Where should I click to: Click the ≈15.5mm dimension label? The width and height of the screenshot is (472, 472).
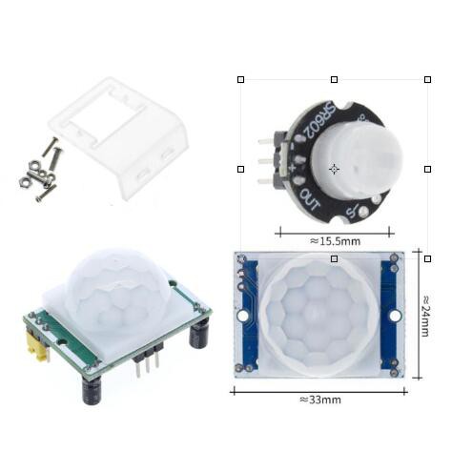[334, 241]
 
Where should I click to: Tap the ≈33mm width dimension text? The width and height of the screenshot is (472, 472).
[319, 400]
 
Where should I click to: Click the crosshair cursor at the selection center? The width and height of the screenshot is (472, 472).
[334, 169]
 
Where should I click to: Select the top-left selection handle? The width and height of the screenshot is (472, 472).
[240, 80]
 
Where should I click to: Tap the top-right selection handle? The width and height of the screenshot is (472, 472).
[427, 80]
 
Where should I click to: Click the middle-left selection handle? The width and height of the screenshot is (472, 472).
[240, 169]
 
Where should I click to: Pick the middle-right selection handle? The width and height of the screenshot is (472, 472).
[427, 169]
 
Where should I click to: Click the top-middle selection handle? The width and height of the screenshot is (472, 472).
[334, 80]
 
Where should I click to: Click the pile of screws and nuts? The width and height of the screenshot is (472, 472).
[40, 173]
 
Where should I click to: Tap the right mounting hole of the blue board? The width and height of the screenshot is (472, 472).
[394, 314]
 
